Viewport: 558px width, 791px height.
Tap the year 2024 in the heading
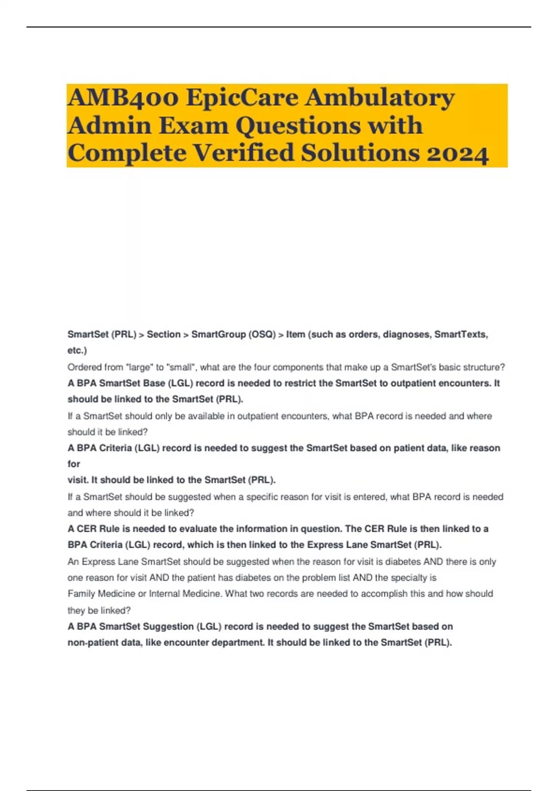[x=458, y=154]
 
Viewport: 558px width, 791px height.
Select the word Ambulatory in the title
[x=380, y=98]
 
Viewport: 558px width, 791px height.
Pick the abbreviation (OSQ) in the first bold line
[x=261, y=335]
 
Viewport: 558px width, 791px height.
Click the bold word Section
[x=164, y=335]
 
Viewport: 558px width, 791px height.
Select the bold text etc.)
[x=77, y=350]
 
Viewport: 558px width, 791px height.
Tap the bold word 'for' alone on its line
[x=74, y=464]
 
